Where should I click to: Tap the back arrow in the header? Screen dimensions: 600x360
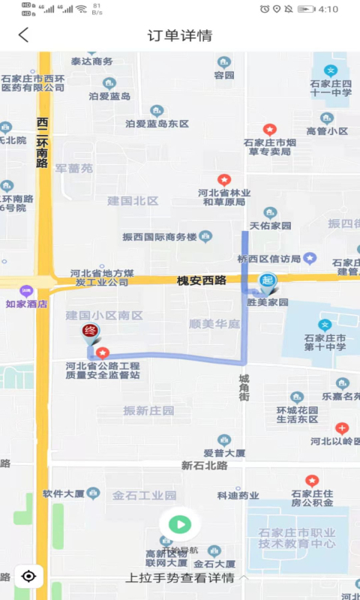pos(24,34)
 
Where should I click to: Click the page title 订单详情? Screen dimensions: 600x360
pos(180,35)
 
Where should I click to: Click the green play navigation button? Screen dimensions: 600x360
pos(179,524)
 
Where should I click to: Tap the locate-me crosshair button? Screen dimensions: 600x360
pos(28,576)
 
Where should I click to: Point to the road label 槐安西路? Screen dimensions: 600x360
pos(201,280)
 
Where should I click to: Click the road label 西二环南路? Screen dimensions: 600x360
pos(43,143)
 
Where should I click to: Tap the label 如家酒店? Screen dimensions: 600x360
pos(26,304)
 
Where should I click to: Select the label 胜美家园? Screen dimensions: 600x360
pos(268,302)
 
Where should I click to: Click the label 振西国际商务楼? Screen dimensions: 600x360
pos(160,237)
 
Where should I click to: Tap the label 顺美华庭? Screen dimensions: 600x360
pos(214,324)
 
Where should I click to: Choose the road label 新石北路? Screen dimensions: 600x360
pos(204,466)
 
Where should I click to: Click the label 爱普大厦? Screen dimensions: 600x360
pos(224,453)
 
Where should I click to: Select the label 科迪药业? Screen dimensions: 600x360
pos(238,496)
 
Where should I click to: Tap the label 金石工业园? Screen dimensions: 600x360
pos(145,496)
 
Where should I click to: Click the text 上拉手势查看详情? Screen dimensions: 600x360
pos(180,577)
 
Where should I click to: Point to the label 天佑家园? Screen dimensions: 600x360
pos(270,225)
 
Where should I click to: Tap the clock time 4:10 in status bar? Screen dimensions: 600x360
pos(328,9)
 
